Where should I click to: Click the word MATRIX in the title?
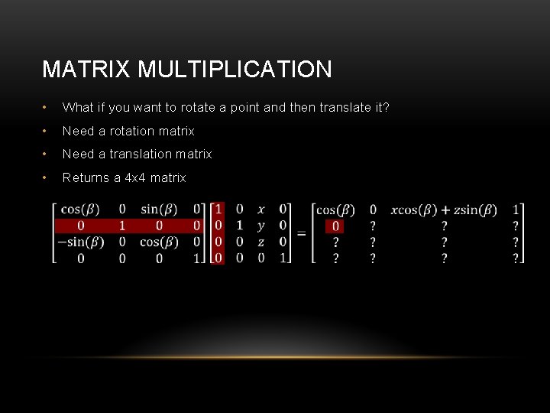pyautogui.click(x=87, y=70)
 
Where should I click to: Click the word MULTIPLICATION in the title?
pyautogui.click(x=235, y=70)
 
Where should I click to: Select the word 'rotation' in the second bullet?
pyautogui.click(x=132, y=131)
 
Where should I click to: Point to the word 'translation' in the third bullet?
pyautogui.click(x=141, y=154)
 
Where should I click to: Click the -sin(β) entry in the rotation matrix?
pyautogui.click(x=80, y=242)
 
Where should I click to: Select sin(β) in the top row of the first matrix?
pyautogui.click(x=160, y=209)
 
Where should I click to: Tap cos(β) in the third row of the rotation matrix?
pyautogui.click(x=160, y=242)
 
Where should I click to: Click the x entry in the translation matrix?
pyautogui.click(x=261, y=209)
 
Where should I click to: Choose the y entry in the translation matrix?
pyautogui.click(x=261, y=226)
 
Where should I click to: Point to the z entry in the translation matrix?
pyautogui.click(x=261, y=242)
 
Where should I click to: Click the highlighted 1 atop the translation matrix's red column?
pyautogui.click(x=218, y=209)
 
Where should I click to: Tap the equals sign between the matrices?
pyautogui.click(x=302, y=233)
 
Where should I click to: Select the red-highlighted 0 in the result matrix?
pyautogui.click(x=335, y=226)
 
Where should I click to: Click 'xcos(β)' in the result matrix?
pyautogui.click(x=413, y=210)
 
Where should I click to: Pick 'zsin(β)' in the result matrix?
pyautogui.click(x=475, y=210)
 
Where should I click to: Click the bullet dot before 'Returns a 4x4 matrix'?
pyautogui.click(x=47, y=177)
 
